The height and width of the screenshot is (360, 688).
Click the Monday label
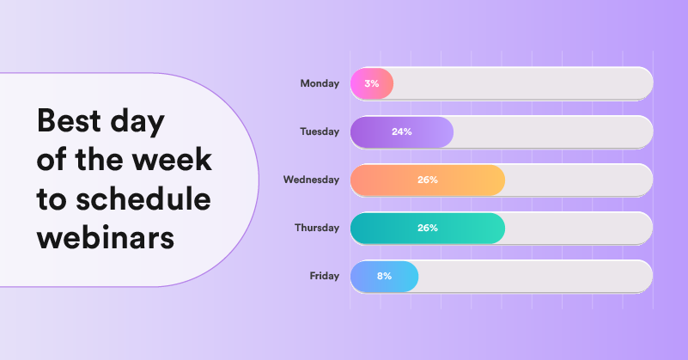320,83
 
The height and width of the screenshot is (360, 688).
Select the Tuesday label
320,131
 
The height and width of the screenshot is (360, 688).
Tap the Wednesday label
311,180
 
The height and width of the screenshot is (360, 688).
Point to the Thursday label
316,228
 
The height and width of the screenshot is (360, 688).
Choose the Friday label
325,276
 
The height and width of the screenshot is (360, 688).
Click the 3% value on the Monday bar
372,83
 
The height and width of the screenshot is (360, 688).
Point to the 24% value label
402,131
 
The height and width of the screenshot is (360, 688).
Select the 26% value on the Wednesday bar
428,180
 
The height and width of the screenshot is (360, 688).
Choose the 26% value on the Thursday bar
428,228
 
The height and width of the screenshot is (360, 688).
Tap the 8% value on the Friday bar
384,276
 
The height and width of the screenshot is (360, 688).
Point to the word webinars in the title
105,236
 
